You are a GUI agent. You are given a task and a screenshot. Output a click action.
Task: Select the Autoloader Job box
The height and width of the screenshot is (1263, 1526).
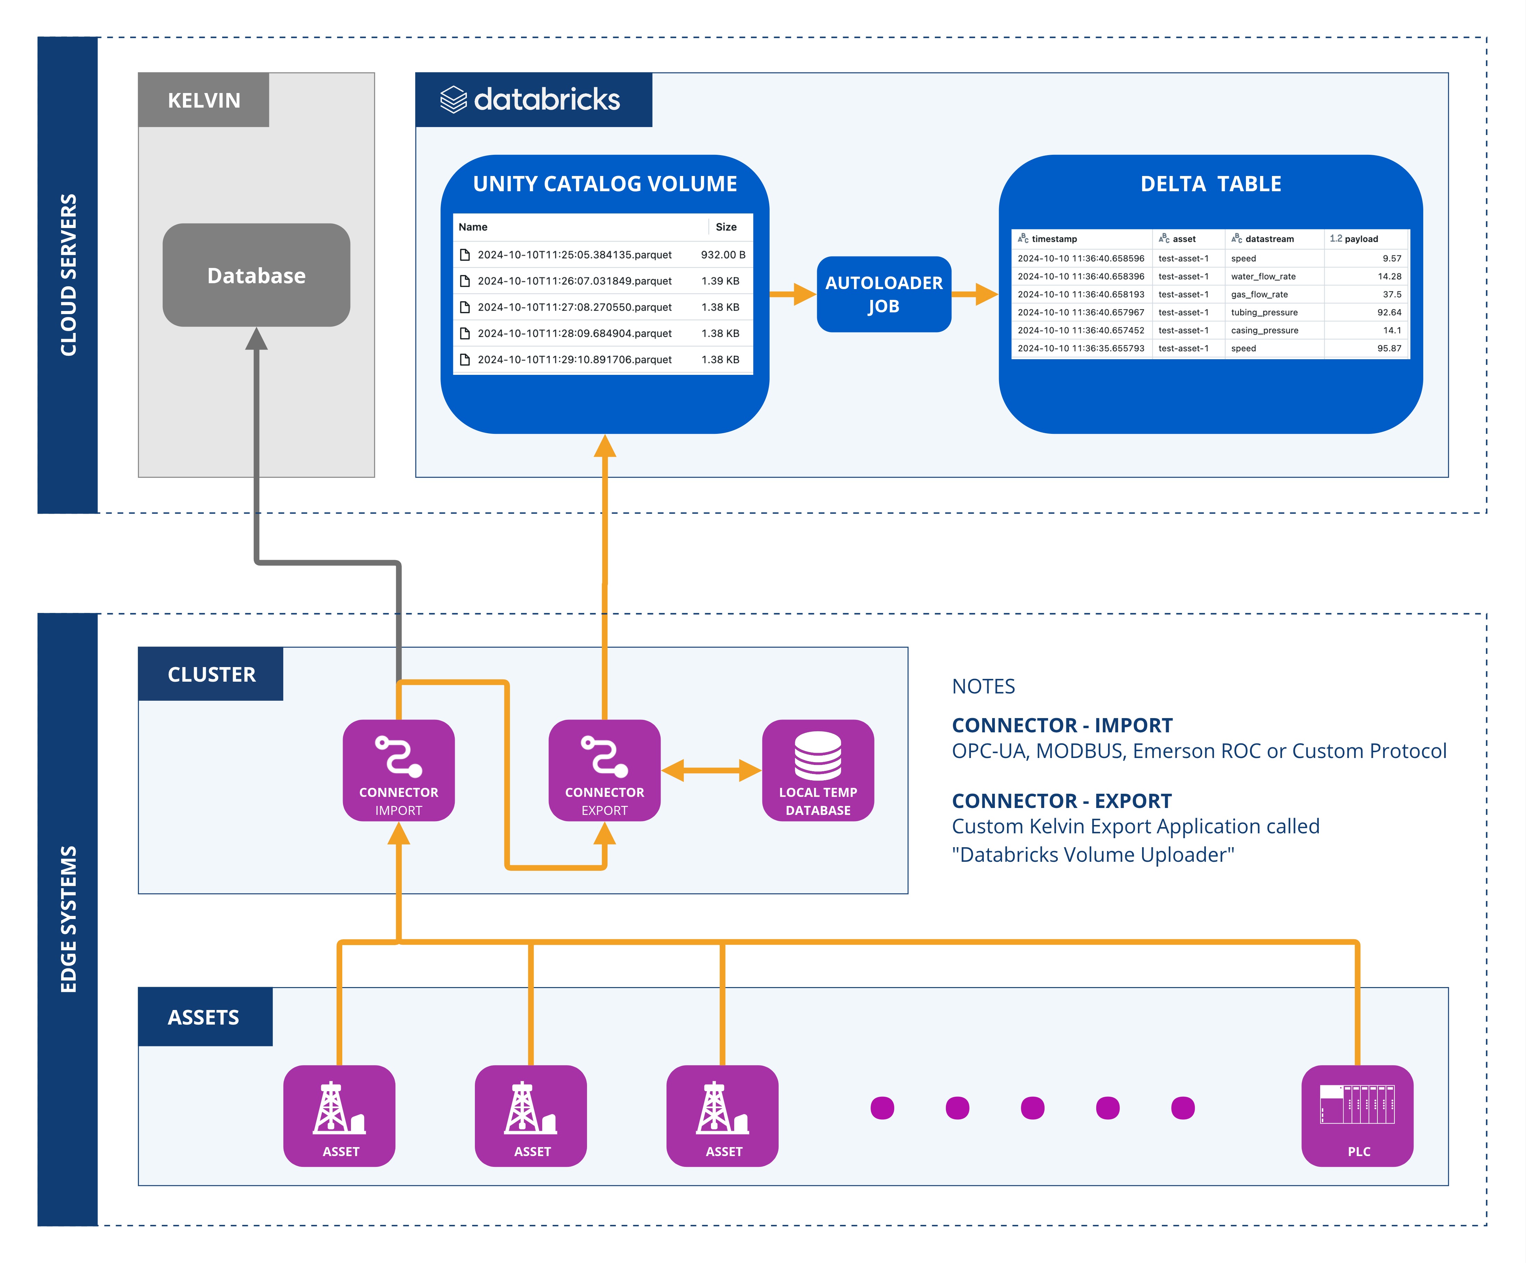tap(883, 294)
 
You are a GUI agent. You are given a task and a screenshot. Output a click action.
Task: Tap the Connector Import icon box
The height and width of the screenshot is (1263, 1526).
tap(398, 770)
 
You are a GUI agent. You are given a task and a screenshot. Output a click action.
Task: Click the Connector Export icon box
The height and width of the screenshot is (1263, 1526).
tap(604, 770)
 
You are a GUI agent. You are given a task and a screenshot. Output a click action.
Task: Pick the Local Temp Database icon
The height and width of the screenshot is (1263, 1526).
tap(817, 770)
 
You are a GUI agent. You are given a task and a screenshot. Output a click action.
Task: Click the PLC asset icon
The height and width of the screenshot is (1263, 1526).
tap(1357, 1115)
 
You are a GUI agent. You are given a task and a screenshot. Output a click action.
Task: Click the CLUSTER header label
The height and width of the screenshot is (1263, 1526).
tap(211, 674)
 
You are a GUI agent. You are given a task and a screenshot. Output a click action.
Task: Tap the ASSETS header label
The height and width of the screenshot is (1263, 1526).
tap(203, 1017)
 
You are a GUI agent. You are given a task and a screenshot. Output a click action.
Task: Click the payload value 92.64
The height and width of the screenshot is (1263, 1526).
tap(1389, 312)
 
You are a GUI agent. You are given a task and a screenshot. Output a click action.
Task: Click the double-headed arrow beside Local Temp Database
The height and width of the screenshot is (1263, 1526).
tap(711, 770)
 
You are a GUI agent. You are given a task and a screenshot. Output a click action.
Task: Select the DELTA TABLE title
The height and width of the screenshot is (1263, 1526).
tap(1210, 184)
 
